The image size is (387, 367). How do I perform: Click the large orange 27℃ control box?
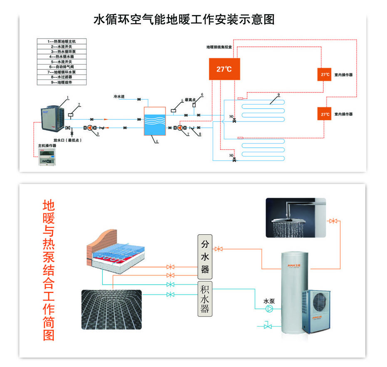click(224, 69)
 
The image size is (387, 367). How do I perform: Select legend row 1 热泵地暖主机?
click(62, 41)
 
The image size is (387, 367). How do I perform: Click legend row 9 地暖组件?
click(62, 82)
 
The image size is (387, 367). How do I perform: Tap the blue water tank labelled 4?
click(155, 121)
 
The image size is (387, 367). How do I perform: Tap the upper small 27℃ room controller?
click(325, 74)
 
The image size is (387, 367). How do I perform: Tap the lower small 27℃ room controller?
click(325, 114)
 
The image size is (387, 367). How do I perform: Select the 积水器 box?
click(204, 299)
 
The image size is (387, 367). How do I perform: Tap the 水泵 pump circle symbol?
click(270, 308)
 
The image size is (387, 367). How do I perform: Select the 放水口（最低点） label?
click(67, 140)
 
